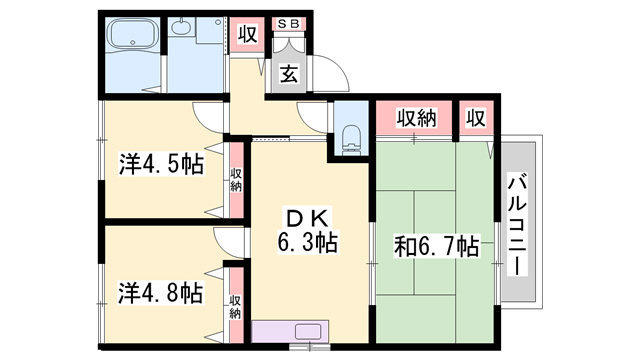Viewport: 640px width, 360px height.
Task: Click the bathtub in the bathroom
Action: click(134, 36)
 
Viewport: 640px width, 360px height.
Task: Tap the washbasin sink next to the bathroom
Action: click(180, 28)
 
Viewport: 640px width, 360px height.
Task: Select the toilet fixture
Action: click(351, 140)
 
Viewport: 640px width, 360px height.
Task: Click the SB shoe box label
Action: click(289, 24)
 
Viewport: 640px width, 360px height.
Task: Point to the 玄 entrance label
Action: click(289, 75)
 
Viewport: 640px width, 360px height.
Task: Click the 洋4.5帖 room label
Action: click(161, 164)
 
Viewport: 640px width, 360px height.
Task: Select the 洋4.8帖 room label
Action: click(161, 293)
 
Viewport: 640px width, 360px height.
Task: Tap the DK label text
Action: click(308, 220)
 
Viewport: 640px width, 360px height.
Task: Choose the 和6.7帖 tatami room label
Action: click(436, 247)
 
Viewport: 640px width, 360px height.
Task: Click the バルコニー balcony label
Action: click(518, 224)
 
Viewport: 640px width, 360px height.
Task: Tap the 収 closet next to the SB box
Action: click(248, 34)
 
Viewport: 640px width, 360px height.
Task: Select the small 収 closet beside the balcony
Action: click(476, 118)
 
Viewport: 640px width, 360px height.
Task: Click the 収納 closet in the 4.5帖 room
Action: click(236, 180)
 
